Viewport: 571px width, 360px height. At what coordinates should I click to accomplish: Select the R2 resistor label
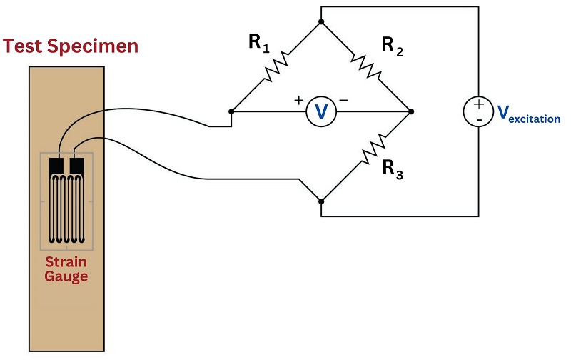[x=392, y=46]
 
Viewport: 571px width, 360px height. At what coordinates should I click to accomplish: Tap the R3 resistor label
[x=393, y=170]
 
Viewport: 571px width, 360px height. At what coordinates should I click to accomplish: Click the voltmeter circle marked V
[x=321, y=111]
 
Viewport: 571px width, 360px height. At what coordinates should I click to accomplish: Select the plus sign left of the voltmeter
[x=298, y=101]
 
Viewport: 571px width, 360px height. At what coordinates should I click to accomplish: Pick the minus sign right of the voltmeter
[x=344, y=101]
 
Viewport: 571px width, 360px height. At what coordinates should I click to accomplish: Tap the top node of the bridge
[x=321, y=21]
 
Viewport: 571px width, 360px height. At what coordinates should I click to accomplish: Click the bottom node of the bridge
[x=321, y=201]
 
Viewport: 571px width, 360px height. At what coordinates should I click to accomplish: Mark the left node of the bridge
[x=231, y=111]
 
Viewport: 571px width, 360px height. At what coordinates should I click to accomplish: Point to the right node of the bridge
[x=411, y=111]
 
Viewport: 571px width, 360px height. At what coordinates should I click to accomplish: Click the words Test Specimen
[x=70, y=47]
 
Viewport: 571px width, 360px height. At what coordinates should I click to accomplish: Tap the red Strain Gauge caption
[x=66, y=269]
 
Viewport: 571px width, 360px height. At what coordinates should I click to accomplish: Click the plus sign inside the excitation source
[x=477, y=104]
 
